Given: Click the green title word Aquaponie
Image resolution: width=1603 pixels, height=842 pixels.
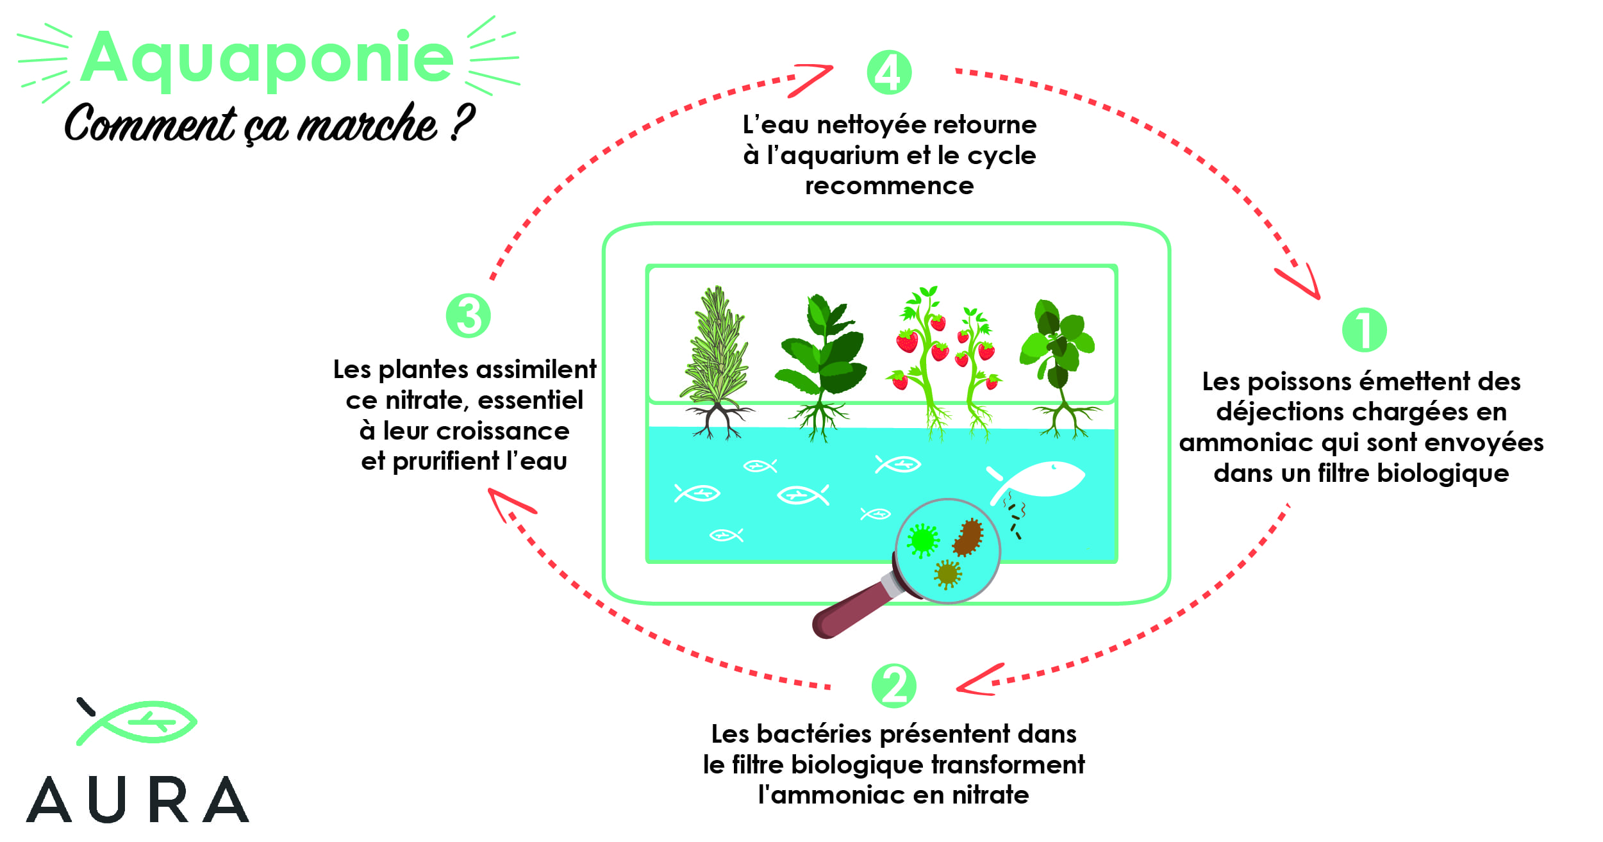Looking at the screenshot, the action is click(x=267, y=60).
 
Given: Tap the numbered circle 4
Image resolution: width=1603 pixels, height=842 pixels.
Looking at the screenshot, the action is click(x=889, y=72).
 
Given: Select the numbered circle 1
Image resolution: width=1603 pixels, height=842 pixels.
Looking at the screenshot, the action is click(x=1364, y=330).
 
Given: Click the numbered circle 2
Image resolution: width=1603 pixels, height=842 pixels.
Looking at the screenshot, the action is click(x=894, y=686).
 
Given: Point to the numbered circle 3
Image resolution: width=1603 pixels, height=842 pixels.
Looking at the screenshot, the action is click(x=469, y=316).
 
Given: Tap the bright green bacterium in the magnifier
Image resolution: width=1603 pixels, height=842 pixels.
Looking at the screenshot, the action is click(x=923, y=541).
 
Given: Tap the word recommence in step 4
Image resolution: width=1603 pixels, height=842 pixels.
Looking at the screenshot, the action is click(x=890, y=186).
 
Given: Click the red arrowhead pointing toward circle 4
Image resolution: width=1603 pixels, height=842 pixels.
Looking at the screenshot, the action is click(x=813, y=79).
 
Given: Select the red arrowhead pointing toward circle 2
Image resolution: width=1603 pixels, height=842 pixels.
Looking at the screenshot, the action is click(x=978, y=680).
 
